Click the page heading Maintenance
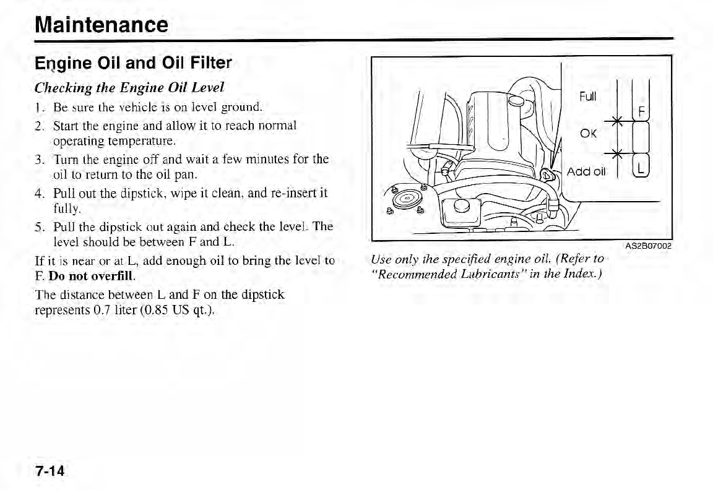[x=102, y=25]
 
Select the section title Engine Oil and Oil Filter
[x=133, y=63]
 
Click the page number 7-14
[x=50, y=471]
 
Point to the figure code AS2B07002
[x=648, y=246]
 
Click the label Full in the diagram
[x=587, y=97]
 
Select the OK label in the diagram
[x=588, y=134]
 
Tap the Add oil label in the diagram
[x=586, y=171]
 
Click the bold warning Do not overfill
[x=93, y=274]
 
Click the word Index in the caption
[x=582, y=273]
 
